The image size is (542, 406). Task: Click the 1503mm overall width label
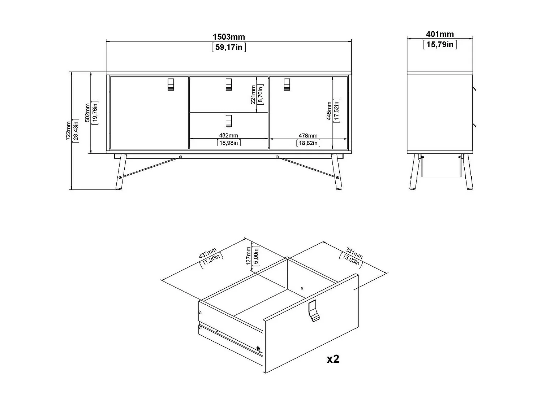[x=229, y=37]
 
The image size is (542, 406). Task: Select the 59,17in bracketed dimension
[x=229, y=47]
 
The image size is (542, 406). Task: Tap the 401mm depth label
[x=440, y=34]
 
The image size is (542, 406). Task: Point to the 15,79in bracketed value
[x=440, y=44]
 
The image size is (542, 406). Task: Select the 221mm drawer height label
[x=253, y=95]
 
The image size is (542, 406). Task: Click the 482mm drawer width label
[x=228, y=136]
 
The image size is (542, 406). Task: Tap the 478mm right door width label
[x=308, y=136]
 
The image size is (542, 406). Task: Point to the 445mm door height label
[x=329, y=111]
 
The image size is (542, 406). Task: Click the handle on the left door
[x=171, y=84]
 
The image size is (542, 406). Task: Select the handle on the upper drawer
[x=228, y=84]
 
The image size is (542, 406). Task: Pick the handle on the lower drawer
[x=228, y=121]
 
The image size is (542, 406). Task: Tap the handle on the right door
[x=287, y=84]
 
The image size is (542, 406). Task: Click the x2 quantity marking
[x=333, y=359]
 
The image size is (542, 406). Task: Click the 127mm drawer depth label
[x=248, y=256]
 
